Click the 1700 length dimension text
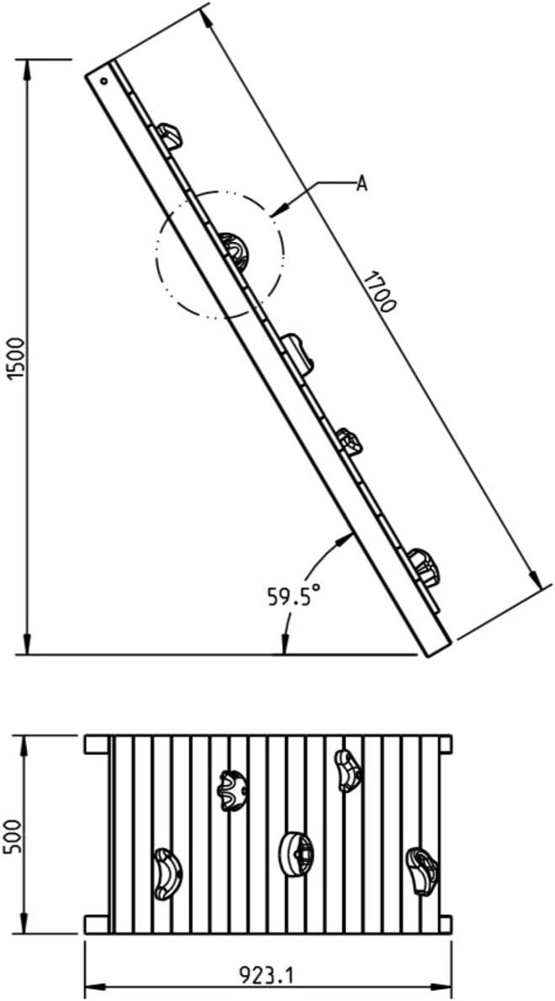[x=379, y=292]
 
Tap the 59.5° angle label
[x=293, y=595]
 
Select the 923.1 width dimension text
[x=267, y=975]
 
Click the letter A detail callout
[x=362, y=184]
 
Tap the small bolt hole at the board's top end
[x=103, y=81]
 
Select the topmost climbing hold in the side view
[x=169, y=135]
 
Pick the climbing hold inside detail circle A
[x=235, y=250]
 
